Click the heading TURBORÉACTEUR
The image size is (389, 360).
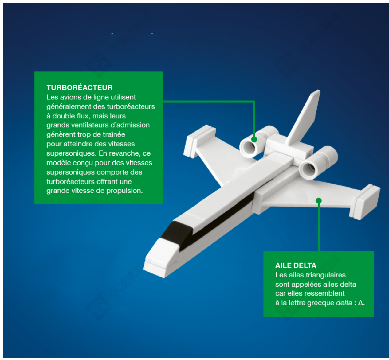80,87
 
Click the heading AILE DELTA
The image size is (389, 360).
296,265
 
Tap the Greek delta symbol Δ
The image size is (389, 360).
361,303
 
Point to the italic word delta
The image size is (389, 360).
344,303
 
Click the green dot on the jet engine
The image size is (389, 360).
254,140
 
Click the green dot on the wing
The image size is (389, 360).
319,200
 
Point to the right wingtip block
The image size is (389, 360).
365,202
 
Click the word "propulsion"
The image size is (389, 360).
124,191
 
